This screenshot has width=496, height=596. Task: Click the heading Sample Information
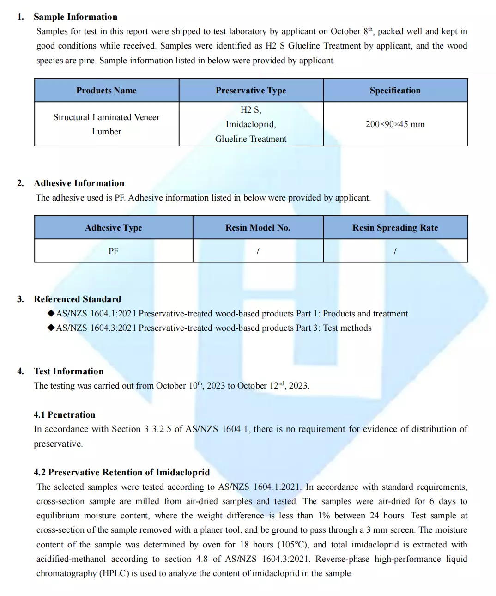pyautogui.click(x=75, y=17)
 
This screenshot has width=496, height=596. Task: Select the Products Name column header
pyautogui.click(x=106, y=91)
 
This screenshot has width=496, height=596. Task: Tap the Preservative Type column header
pyautogui.click(x=251, y=91)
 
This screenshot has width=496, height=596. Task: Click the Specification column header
pyautogui.click(x=395, y=91)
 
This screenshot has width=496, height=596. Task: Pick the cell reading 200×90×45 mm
pyautogui.click(x=395, y=124)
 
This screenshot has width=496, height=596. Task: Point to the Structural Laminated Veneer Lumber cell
pyautogui.click(x=106, y=124)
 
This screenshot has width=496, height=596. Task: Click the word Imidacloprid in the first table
pyautogui.click(x=250, y=124)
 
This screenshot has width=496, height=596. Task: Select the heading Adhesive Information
pyautogui.click(x=79, y=183)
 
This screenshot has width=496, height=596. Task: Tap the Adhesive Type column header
pyautogui.click(x=114, y=228)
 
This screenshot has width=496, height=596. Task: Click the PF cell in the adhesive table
pyautogui.click(x=114, y=251)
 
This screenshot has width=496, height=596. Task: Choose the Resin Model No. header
pyautogui.click(x=258, y=228)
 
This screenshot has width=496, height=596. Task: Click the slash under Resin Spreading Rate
pyautogui.click(x=395, y=251)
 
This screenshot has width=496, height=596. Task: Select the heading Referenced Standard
pyautogui.click(x=77, y=299)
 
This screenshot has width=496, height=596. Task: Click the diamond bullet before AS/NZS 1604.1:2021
pyautogui.click(x=51, y=313)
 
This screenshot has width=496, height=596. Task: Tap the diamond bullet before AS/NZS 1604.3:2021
pyautogui.click(x=51, y=328)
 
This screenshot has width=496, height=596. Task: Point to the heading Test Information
pyautogui.click(x=68, y=371)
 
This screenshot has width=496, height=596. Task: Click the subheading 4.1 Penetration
pyautogui.click(x=64, y=415)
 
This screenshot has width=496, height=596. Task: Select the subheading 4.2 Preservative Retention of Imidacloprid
pyautogui.click(x=121, y=473)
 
